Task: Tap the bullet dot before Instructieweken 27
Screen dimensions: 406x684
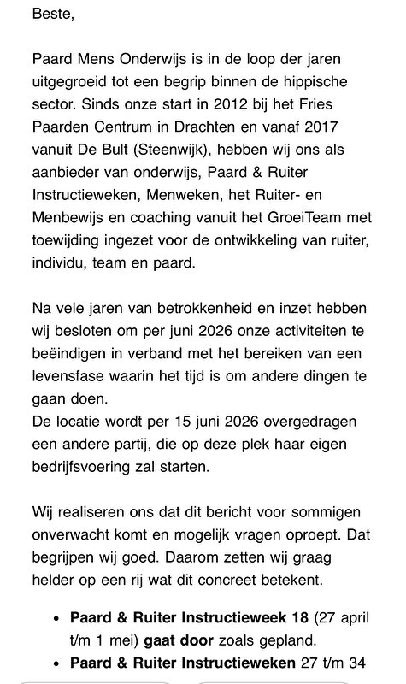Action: (56, 662)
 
